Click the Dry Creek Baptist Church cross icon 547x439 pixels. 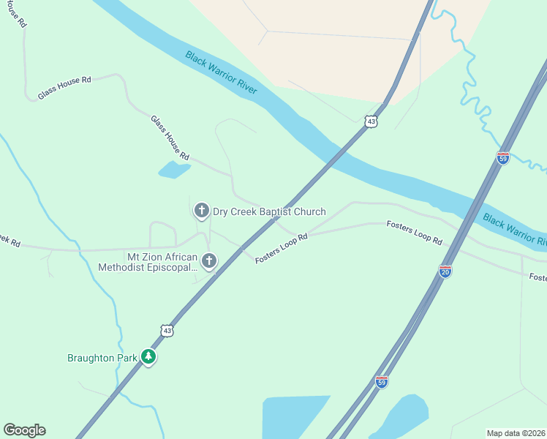201,211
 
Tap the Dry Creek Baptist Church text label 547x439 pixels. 268,212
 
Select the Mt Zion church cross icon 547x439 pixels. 209,260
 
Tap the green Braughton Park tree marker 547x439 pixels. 149,357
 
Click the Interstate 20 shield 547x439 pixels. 445,271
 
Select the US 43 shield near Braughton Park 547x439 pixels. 167,331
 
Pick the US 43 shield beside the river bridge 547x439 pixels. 371,121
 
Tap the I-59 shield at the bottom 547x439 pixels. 381,381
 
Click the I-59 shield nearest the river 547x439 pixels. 502,157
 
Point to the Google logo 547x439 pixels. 24,430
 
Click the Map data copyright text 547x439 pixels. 516,433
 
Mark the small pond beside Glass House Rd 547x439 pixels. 174,170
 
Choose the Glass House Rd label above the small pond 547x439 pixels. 170,138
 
